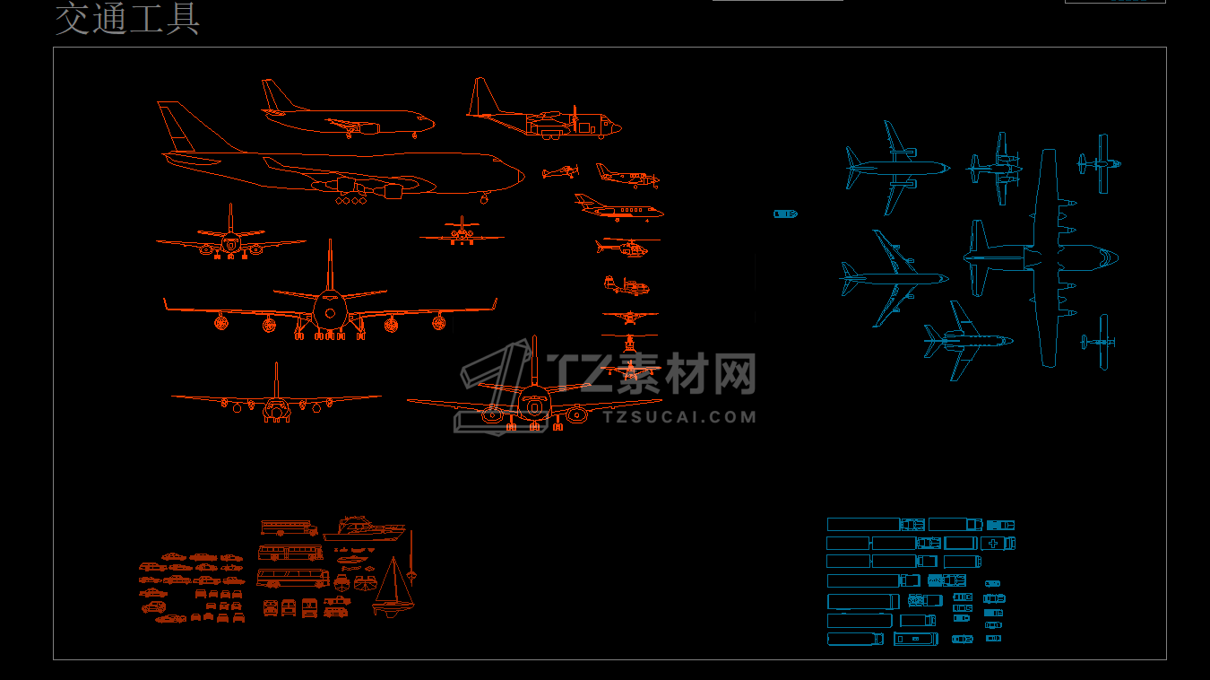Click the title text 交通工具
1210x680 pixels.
click(127, 20)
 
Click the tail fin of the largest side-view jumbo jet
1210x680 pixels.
click(176, 126)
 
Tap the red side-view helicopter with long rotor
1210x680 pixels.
click(625, 246)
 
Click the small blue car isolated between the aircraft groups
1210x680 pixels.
click(785, 214)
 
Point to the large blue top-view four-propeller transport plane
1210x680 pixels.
click(1044, 257)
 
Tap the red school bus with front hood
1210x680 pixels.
click(290, 527)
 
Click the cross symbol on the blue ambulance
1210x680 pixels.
click(993, 544)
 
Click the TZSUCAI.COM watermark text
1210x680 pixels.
click(679, 416)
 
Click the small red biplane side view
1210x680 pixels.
click(560, 171)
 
